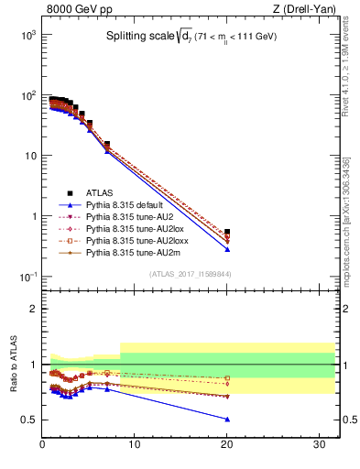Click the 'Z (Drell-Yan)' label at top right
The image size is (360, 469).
(304, 9)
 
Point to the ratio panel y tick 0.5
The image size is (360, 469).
(30, 420)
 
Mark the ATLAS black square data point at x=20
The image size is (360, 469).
(227, 233)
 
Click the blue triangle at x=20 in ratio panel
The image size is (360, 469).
(227, 419)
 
